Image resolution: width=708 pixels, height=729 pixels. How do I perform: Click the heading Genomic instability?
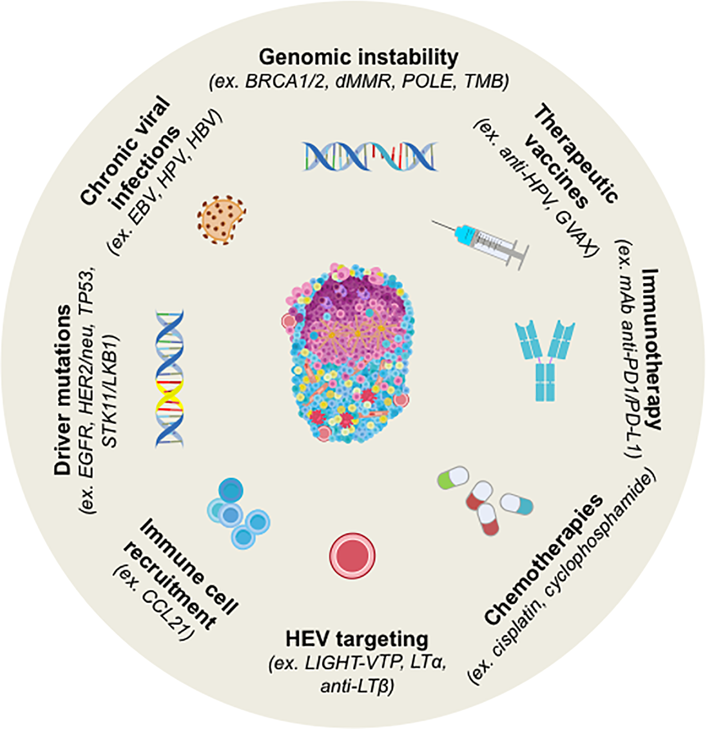coord(358,58)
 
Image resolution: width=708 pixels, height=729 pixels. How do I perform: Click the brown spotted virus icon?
coord(221,220)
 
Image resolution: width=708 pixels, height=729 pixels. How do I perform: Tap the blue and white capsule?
coord(516,504)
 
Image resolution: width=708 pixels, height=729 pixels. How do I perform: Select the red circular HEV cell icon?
coord(352,555)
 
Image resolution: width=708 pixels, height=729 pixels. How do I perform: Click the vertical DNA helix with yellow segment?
coord(170,378)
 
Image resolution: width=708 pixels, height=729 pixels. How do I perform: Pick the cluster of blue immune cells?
coord(238,513)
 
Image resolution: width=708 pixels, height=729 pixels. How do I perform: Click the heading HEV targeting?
coord(357,639)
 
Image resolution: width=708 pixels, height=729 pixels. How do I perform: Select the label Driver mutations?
coord(63,390)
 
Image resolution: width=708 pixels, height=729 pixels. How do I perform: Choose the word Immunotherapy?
coord(650,350)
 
